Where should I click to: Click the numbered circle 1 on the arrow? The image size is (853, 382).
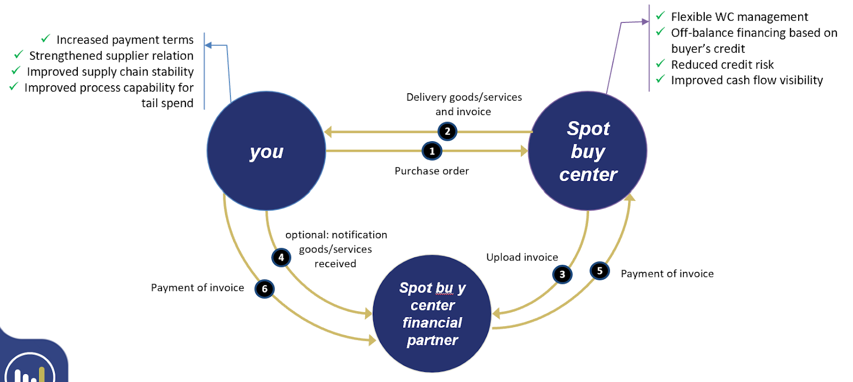click(432, 151)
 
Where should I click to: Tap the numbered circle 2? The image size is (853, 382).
click(447, 131)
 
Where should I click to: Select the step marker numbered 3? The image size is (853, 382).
click(562, 274)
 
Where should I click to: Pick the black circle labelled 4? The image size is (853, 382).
click(281, 257)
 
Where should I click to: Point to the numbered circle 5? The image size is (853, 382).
click(600, 271)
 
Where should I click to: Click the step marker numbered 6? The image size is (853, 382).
click(264, 289)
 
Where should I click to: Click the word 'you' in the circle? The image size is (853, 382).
click(267, 152)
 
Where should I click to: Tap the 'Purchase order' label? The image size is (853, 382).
click(432, 171)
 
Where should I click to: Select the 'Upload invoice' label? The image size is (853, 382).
click(522, 257)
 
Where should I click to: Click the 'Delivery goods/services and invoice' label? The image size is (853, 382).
click(464, 104)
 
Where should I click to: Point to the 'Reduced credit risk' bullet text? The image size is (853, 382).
click(722, 65)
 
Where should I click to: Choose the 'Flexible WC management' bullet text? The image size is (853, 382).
click(739, 17)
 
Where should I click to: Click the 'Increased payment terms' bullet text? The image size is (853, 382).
click(125, 40)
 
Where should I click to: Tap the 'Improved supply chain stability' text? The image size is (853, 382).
click(110, 72)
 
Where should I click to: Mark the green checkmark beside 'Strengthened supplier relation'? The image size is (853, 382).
click(19, 55)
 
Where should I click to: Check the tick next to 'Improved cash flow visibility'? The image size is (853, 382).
click(661, 79)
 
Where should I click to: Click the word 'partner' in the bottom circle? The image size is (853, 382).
click(432, 340)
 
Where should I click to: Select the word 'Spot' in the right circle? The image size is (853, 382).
click(588, 128)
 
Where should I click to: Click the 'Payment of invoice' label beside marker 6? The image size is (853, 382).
click(197, 288)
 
